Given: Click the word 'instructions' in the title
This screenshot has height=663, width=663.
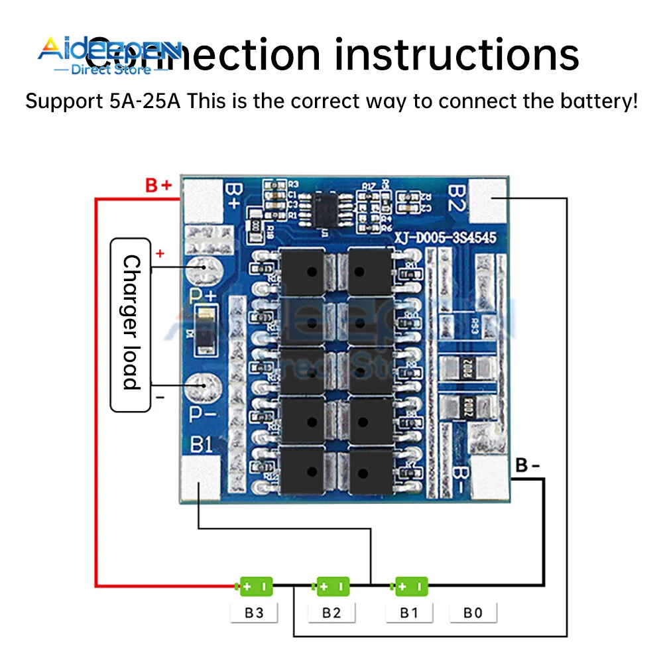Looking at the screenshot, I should tap(457, 54).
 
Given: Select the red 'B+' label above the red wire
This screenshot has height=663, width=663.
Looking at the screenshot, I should tap(158, 186).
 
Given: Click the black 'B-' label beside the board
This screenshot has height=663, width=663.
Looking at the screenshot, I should tap(528, 465).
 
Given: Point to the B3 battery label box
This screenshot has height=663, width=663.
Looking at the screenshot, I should tap(254, 613).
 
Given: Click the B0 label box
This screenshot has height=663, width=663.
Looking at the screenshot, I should tap(473, 613).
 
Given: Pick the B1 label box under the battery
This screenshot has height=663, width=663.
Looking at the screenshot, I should tap(409, 613).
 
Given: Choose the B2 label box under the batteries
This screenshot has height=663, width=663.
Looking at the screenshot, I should tap(331, 613).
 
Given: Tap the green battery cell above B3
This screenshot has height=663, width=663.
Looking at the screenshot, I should tap(255, 586).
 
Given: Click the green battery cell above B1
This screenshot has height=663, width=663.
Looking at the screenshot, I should tap(411, 586).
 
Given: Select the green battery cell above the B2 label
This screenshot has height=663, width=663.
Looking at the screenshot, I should tap(333, 586).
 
